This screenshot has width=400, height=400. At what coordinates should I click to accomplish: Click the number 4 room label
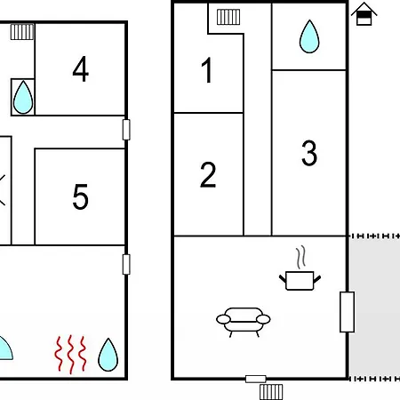(81, 69)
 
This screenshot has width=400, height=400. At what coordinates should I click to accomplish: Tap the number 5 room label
(81, 196)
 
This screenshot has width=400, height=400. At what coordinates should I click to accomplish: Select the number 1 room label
(207, 70)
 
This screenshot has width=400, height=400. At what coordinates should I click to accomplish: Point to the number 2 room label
(208, 174)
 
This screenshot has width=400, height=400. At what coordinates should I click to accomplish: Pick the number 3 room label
(309, 153)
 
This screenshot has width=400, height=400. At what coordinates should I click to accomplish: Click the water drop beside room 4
(23, 97)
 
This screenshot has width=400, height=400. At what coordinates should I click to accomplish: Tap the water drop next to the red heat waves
(108, 355)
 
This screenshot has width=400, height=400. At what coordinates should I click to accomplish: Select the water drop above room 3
(309, 36)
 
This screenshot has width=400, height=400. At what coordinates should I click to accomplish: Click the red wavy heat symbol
(70, 355)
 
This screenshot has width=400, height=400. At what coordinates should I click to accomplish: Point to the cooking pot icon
(300, 280)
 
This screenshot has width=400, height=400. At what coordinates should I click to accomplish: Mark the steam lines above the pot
(300, 257)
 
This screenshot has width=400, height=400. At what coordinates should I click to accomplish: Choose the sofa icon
(244, 322)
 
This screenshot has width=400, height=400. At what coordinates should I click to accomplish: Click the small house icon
(364, 14)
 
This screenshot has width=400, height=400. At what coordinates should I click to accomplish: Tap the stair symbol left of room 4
(22, 32)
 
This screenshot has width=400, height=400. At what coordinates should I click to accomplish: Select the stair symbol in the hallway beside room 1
(228, 17)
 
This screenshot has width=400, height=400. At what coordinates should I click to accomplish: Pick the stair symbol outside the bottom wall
(271, 392)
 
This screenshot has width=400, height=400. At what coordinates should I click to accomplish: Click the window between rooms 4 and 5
(126, 130)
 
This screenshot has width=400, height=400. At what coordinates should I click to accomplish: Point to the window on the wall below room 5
(126, 264)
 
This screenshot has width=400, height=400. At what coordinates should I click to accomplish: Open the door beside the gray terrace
(347, 312)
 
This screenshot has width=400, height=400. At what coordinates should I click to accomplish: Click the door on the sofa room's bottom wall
(256, 379)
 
